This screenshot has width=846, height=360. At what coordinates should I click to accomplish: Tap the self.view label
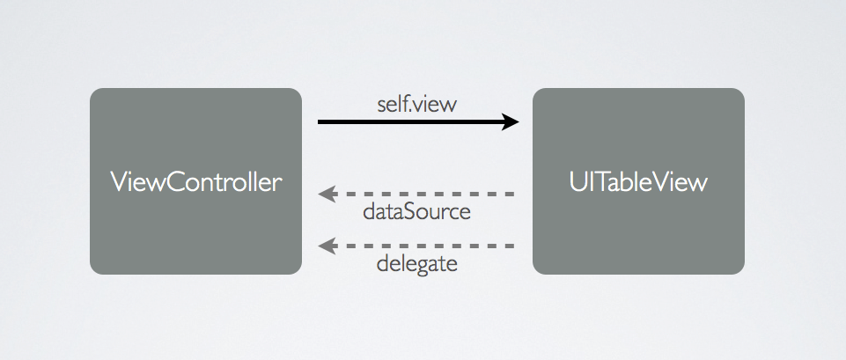click(417, 105)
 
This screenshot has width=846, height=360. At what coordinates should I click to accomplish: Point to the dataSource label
click(416, 212)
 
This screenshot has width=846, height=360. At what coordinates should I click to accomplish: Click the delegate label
click(416, 263)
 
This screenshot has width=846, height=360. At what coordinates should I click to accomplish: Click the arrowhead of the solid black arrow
click(511, 121)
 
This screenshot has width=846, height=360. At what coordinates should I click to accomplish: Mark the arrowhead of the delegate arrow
click(326, 246)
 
